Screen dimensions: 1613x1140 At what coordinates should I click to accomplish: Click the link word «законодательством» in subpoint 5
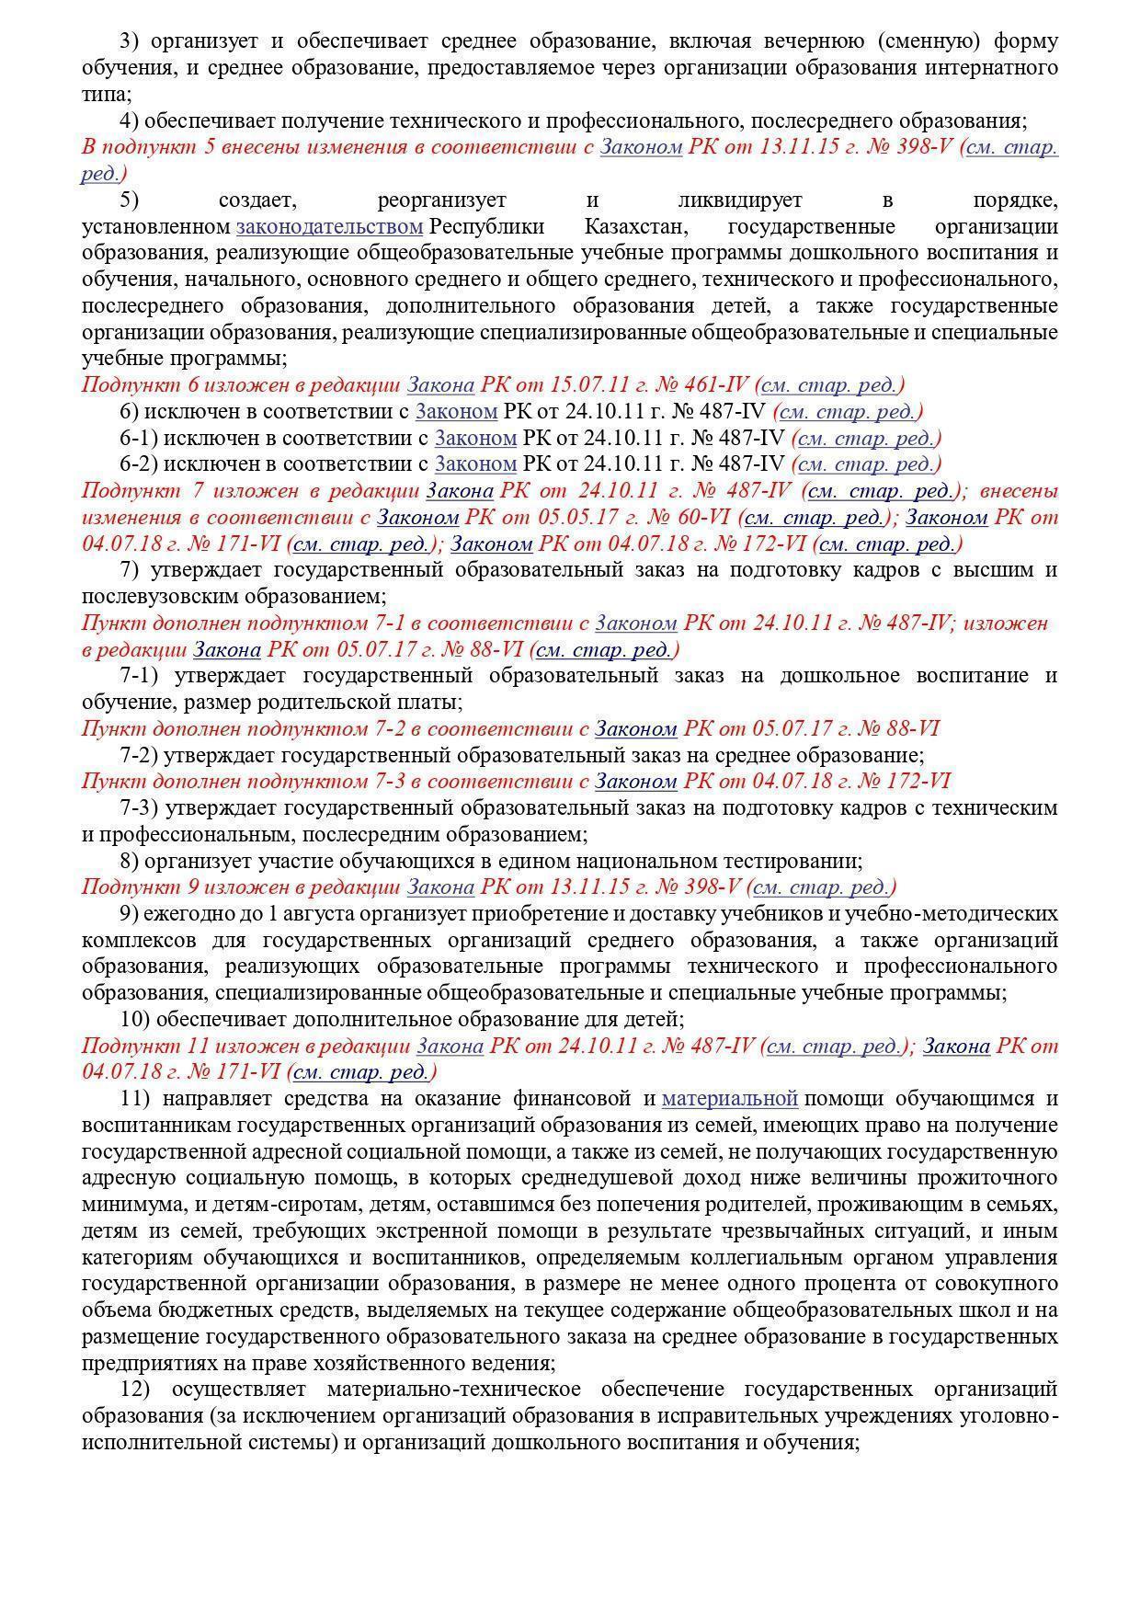click(329, 226)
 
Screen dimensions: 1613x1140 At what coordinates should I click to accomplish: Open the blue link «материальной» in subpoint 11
click(729, 1098)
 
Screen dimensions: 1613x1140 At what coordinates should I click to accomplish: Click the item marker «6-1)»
click(138, 438)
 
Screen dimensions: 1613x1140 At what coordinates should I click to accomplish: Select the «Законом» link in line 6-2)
click(475, 463)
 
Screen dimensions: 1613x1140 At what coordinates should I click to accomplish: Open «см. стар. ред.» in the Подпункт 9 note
click(821, 887)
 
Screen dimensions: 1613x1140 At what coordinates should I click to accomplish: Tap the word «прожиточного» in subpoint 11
click(989, 1178)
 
